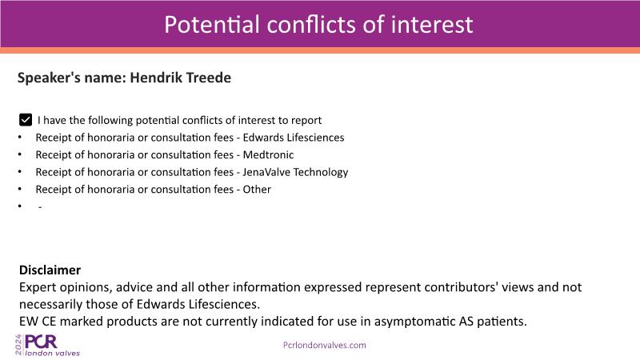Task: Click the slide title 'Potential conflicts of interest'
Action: (318, 25)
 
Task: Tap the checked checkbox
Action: (26, 120)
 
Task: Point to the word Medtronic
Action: (268, 154)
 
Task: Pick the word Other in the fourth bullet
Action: (257, 190)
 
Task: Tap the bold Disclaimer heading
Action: (50, 270)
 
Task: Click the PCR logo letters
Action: (41, 342)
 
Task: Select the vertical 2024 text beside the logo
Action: (18, 345)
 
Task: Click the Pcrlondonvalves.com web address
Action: (325, 345)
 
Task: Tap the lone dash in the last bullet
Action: (40, 207)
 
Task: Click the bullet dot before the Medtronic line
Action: (19, 154)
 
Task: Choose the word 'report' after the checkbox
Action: (306, 121)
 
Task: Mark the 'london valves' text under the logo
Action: (53, 353)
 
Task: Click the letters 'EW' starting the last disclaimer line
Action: (29, 322)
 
